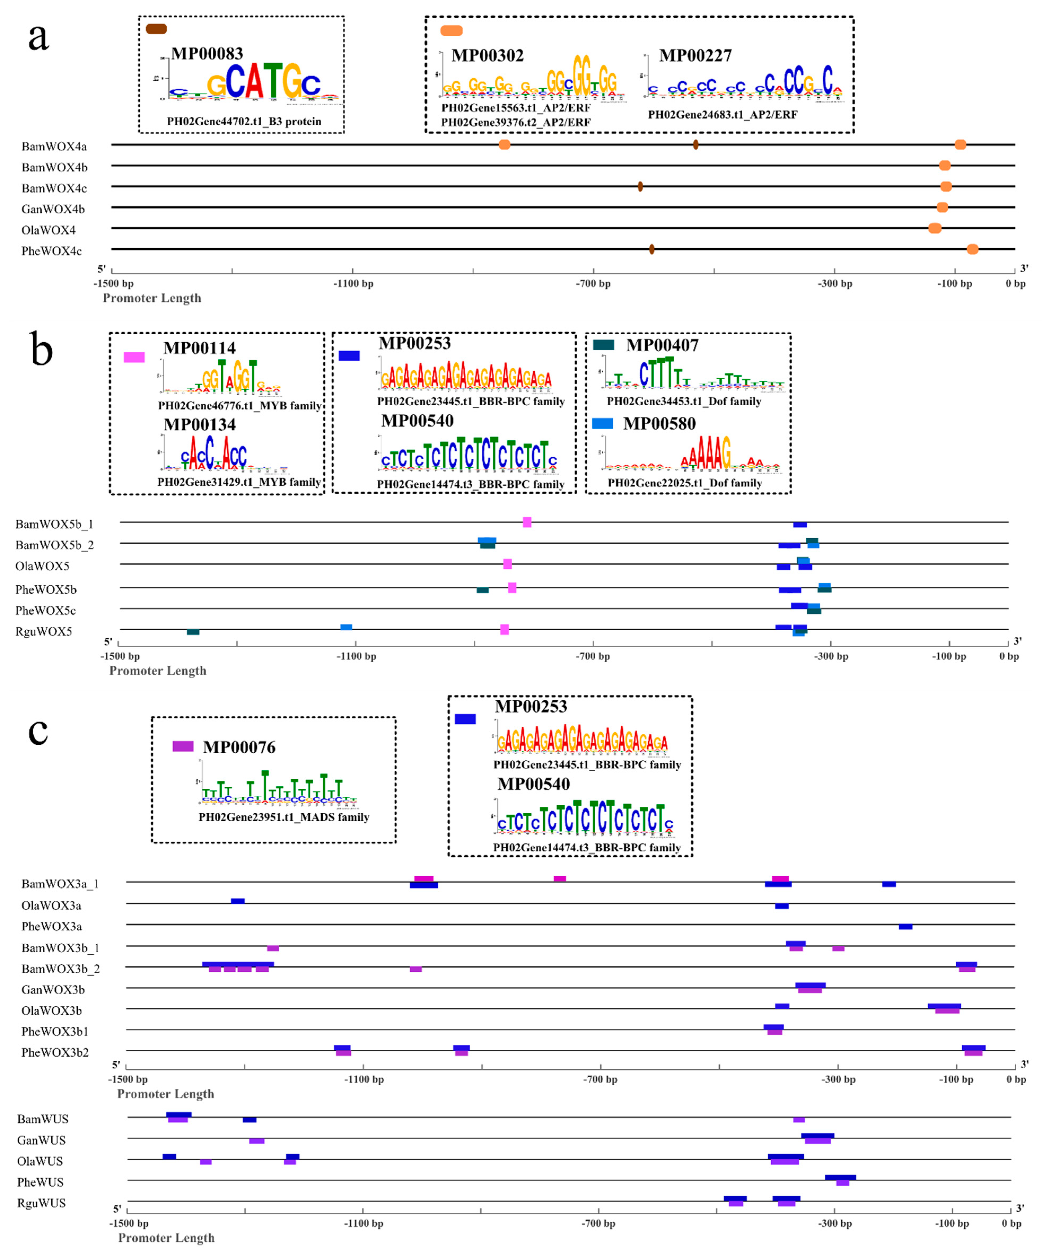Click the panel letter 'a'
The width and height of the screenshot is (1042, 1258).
(38, 37)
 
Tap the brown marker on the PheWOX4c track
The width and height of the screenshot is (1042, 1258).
(651, 249)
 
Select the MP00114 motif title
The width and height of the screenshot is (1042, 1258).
(200, 348)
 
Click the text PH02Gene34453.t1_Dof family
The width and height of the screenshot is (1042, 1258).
(684, 401)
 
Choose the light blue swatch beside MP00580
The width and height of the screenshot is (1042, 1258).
(602, 424)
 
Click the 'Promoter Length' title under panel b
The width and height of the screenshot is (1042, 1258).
(158, 671)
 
